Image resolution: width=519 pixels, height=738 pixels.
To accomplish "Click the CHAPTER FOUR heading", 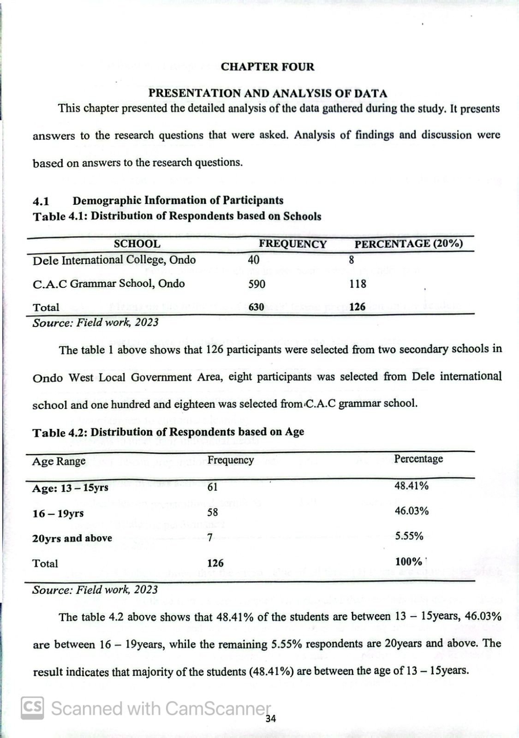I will point(267,67).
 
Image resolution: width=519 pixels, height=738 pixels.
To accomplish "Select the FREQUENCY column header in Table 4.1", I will point(292,244).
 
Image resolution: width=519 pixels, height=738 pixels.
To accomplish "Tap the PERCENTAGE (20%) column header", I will point(408,244).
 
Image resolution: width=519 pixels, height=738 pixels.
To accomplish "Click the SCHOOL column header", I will point(137,244).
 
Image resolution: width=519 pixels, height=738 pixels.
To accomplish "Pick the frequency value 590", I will point(257,284).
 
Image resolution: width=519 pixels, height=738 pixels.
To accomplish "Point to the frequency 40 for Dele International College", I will point(254,260).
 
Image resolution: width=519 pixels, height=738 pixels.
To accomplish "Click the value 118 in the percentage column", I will point(358,284).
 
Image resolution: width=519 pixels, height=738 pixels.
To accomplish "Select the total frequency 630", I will point(256,307).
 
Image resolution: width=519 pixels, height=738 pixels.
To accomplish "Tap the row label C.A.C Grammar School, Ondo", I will point(108,284).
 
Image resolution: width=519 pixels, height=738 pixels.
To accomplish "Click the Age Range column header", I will point(59,461).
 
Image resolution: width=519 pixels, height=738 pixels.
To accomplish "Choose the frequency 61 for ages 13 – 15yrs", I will point(212,487).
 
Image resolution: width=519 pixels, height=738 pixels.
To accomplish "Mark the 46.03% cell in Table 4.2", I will point(412,511).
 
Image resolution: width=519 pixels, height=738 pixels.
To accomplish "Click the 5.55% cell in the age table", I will point(409,536).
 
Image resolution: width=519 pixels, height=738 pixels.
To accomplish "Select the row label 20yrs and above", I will point(72,538).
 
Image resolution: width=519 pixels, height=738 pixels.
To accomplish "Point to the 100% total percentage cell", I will point(409,562).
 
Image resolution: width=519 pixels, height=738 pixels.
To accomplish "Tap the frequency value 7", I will point(210,537).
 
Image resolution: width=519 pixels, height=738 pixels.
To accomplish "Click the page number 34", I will point(271,719).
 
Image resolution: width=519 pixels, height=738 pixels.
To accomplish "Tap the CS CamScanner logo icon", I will point(32,708).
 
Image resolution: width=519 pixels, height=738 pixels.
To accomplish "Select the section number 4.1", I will point(41,201).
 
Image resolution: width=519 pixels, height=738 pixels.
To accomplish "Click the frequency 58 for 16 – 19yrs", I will point(212,512).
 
